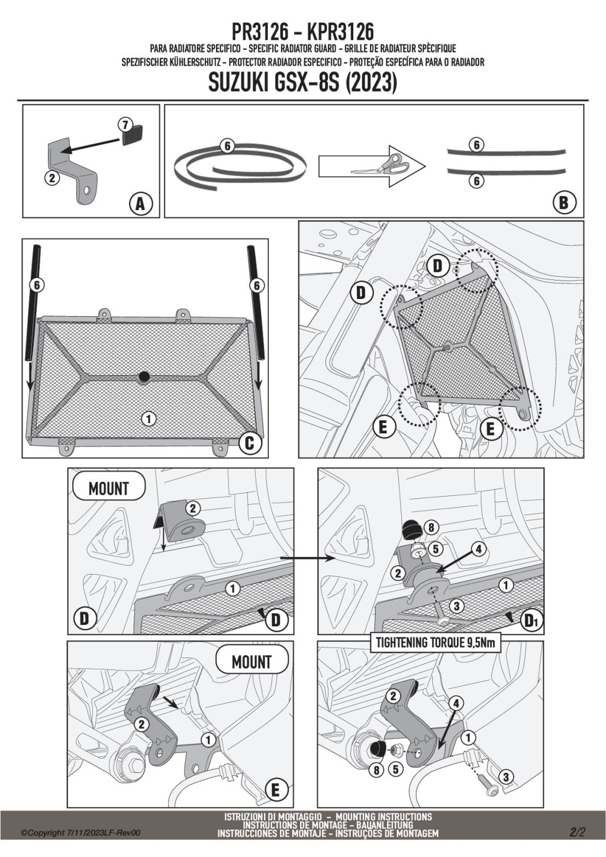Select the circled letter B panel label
pos(563,203)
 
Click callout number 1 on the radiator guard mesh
pos(149,419)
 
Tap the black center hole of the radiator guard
pos(143,376)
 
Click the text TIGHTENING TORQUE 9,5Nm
pos(435,643)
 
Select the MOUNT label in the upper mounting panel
pos(108,488)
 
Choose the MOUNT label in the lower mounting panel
pos(252,662)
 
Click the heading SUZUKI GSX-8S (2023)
pos(302,83)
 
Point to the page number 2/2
pos(578,832)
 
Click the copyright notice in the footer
pos(80,833)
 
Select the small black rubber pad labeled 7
pos(133,135)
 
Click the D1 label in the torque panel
pos(530,621)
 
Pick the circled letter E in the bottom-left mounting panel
pos(275,790)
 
